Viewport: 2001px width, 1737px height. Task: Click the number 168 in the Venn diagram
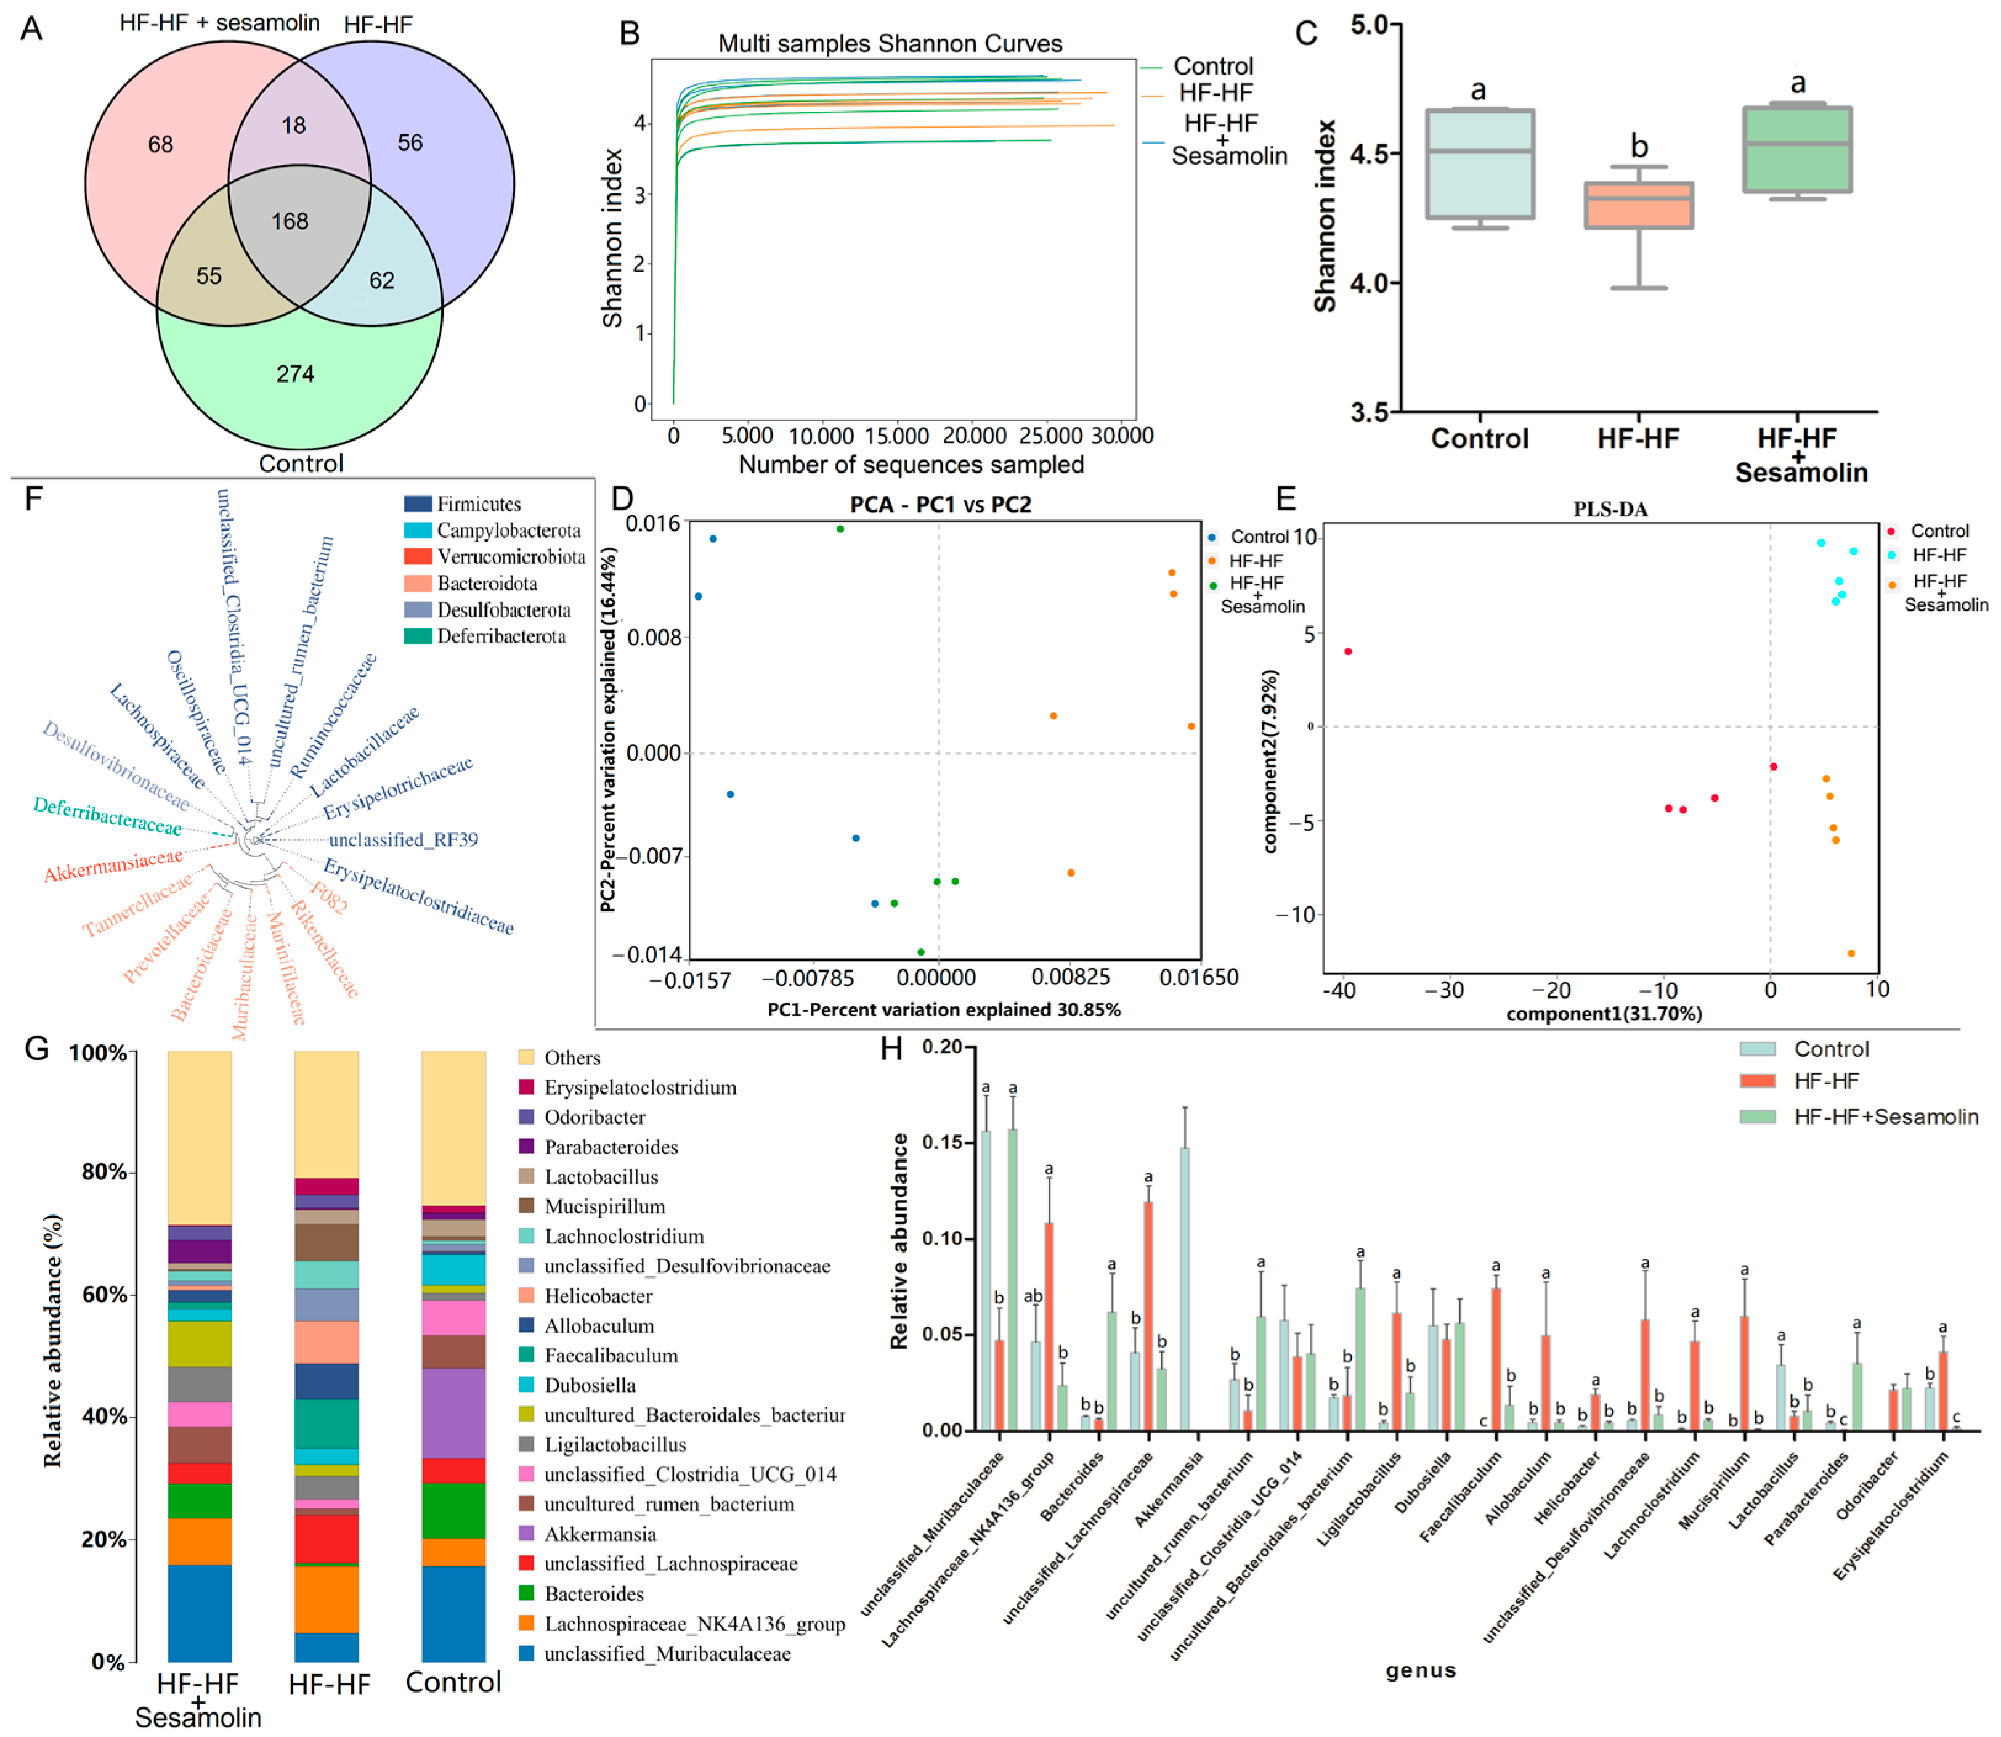click(x=290, y=221)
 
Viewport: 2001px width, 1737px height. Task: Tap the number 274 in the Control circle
click(x=296, y=374)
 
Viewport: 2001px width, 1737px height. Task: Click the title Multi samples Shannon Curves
click(x=890, y=44)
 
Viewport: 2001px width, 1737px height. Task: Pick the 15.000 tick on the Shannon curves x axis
click(x=896, y=436)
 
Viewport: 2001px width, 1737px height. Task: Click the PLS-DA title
click(x=1610, y=509)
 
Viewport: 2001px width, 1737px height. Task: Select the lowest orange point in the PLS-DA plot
click(x=1851, y=954)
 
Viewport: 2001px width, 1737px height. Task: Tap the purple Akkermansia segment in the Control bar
click(x=453, y=1414)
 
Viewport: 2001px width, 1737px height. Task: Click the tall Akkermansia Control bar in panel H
click(x=1184, y=1288)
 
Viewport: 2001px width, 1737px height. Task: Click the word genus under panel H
click(x=1421, y=1670)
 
